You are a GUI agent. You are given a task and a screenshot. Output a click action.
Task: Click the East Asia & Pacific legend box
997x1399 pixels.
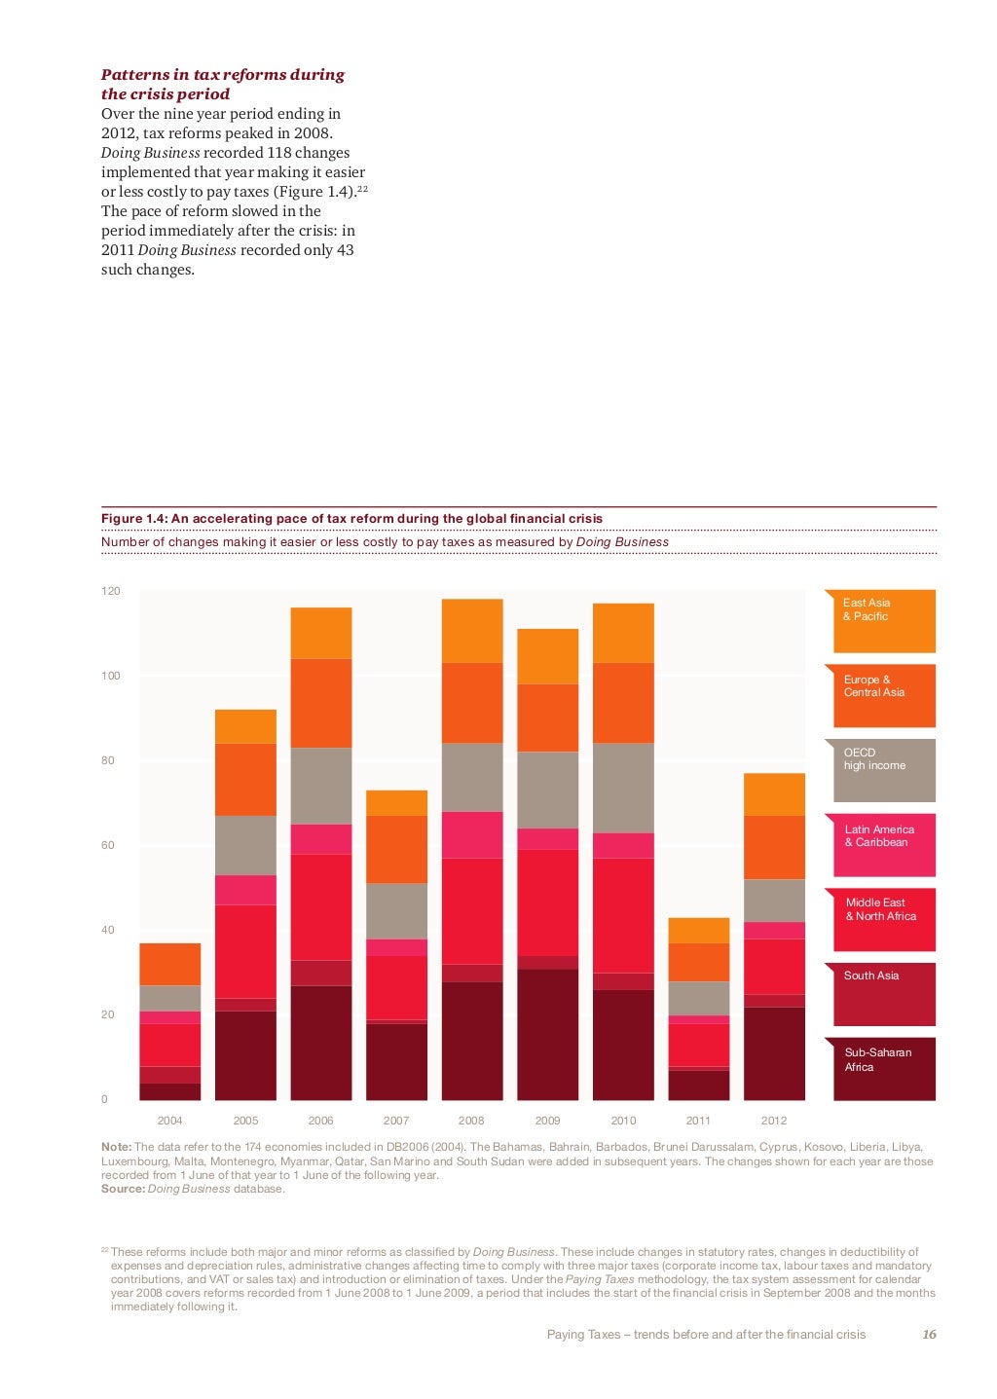(884, 621)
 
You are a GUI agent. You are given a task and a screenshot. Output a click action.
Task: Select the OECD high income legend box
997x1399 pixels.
(884, 770)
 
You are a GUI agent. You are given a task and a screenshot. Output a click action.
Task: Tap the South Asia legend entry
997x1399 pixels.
(884, 994)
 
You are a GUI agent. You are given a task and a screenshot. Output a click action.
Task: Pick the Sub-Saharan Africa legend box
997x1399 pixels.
(884, 1069)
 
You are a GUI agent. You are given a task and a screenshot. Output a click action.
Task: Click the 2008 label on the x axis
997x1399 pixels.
(471, 1121)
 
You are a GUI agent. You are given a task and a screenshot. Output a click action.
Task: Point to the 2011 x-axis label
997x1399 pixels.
(698, 1121)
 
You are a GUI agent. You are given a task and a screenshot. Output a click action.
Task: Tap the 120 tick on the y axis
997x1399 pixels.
(111, 591)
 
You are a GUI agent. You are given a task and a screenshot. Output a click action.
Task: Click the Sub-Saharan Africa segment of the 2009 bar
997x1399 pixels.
(547, 1034)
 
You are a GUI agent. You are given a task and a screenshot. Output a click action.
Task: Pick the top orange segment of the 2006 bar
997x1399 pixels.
(321, 633)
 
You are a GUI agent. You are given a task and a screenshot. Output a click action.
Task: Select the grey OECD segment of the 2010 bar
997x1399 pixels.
(623, 788)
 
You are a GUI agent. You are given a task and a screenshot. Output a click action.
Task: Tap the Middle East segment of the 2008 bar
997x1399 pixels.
(472, 910)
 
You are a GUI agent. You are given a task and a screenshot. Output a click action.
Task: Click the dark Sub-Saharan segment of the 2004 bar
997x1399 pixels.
(170, 1091)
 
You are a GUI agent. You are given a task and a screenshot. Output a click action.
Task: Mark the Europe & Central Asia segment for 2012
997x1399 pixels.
(774, 847)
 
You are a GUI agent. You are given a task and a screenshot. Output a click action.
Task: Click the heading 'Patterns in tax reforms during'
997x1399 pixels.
(223, 75)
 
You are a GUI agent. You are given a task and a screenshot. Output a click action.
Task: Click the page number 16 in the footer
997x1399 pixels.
(929, 1335)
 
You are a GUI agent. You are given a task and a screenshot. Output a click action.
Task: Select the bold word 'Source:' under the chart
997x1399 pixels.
(123, 1189)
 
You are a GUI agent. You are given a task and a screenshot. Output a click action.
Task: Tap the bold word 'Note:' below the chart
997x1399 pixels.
(116, 1147)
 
